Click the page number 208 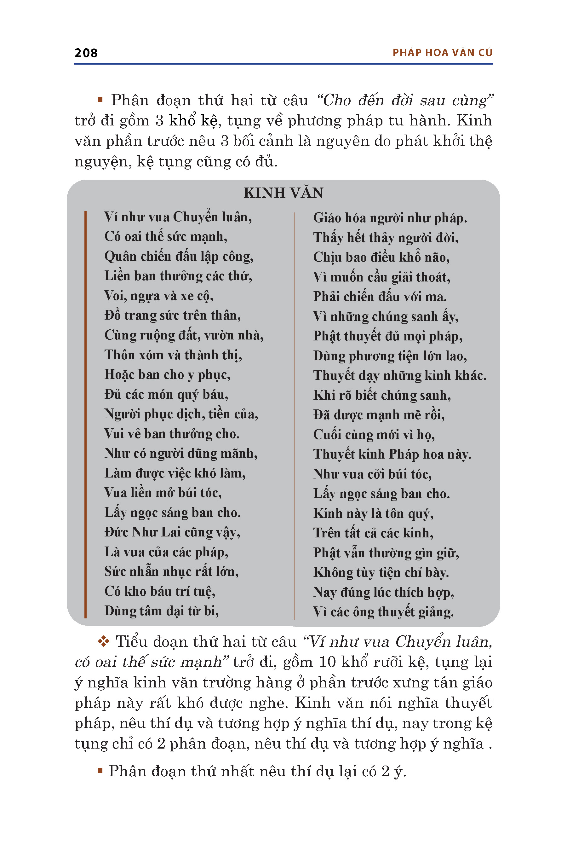[86, 53]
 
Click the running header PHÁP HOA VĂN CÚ [442, 53]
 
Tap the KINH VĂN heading [283, 193]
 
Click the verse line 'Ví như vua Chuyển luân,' [178, 217]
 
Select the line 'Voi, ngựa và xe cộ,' [159, 296]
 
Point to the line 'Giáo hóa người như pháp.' [390, 218]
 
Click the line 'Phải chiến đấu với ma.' [380, 297]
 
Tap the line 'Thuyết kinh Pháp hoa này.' [392, 454]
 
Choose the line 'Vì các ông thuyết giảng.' [383, 612]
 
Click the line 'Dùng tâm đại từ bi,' [162, 611]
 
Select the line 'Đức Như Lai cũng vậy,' [172, 532]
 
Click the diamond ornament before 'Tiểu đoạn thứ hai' [104, 642]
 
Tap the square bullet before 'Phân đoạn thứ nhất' [100, 770]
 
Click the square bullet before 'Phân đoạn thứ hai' [100, 100]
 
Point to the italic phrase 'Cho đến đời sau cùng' [405, 100]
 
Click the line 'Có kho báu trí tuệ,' [160, 592]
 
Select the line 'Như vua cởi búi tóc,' [372, 474]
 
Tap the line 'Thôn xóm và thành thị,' [173, 355]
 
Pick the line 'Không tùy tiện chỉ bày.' [381, 572]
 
